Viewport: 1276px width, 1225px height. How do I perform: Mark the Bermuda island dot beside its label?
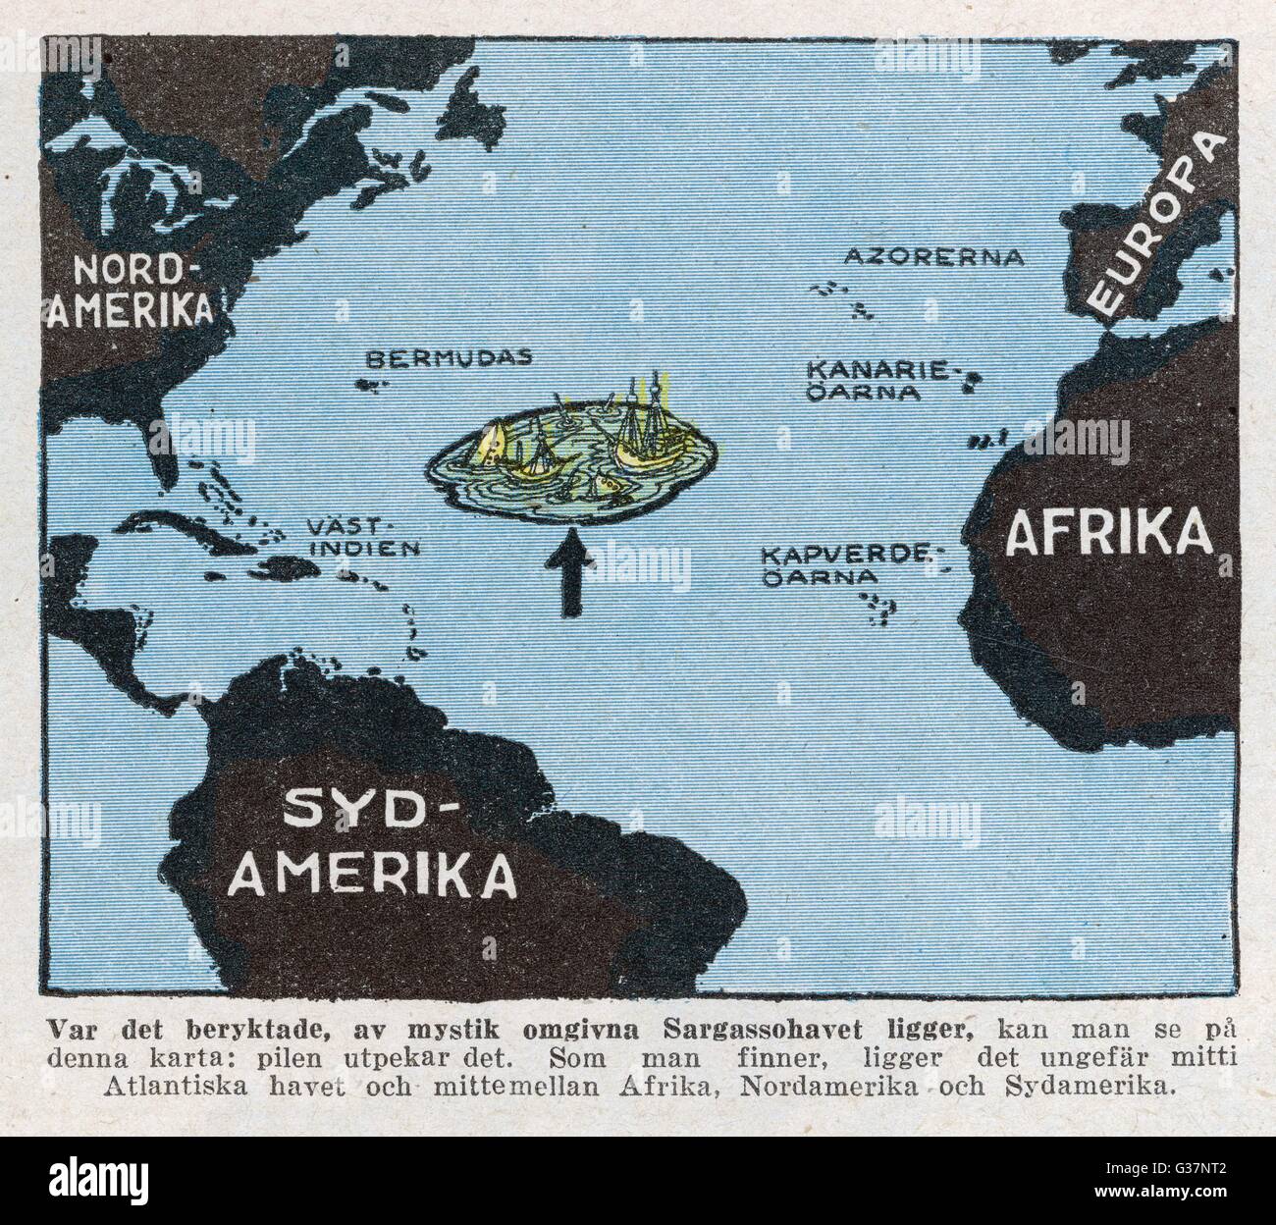pos(372,390)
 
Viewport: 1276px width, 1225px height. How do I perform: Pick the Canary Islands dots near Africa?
pos(972,384)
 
